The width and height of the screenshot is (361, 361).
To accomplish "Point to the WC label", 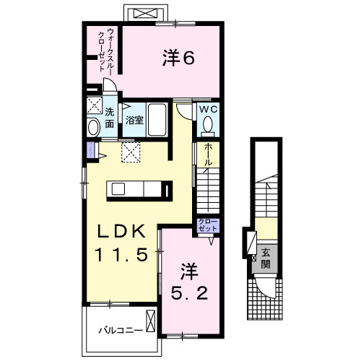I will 208,109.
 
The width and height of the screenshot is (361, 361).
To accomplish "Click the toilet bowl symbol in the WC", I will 208,126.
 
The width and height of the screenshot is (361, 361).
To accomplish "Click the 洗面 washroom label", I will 109,118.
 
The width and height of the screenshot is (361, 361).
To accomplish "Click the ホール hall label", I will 208,156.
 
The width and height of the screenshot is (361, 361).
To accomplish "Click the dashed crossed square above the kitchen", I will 130,152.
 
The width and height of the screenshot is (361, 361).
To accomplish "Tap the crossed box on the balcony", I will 150,321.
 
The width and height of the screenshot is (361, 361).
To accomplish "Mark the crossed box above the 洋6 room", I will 147,13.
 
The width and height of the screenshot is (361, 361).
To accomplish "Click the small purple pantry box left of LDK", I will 90,149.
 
